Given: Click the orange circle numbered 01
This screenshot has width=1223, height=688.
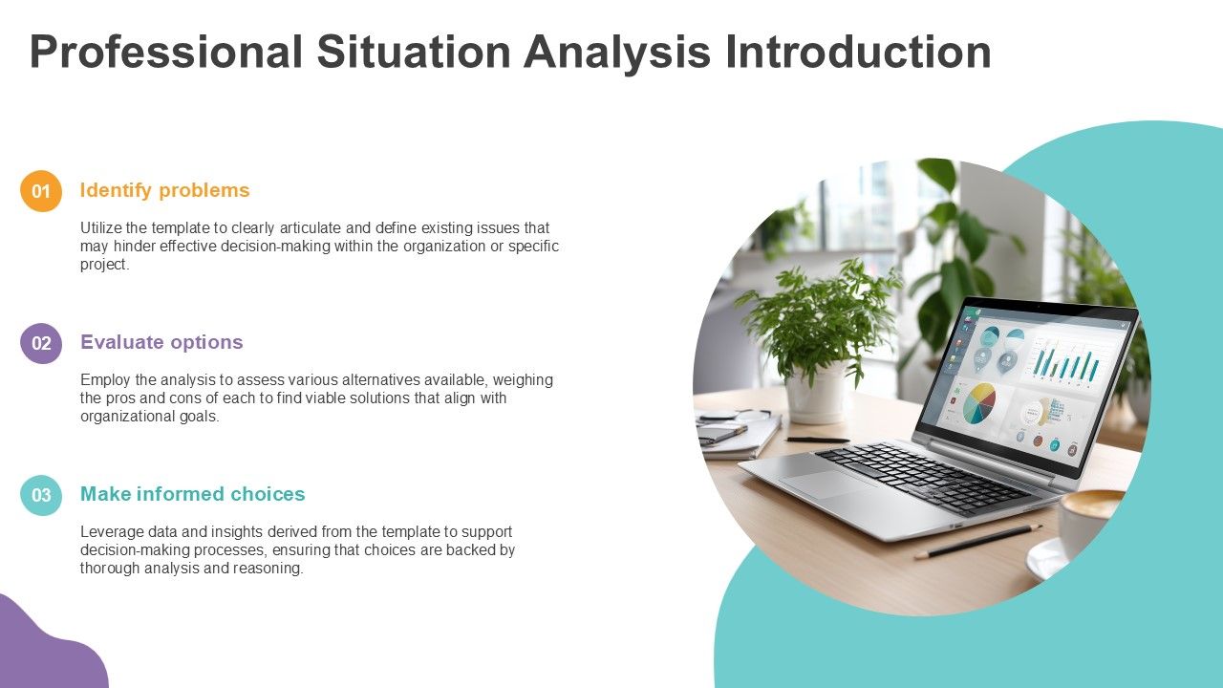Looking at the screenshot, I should (41, 191).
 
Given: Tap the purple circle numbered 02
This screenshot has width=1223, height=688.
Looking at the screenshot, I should (41, 343).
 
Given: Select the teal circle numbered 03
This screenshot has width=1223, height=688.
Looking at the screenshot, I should (41, 495).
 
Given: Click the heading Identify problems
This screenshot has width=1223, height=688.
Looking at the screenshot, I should (164, 190).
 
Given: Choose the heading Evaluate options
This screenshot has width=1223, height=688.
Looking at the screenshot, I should (161, 342).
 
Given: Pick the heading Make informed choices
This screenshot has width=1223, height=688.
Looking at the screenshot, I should (192, 494).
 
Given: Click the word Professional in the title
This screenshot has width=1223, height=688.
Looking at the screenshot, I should (165, 53).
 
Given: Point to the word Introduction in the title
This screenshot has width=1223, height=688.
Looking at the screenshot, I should (857, 53).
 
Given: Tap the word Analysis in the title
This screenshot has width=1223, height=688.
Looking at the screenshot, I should (616, 53).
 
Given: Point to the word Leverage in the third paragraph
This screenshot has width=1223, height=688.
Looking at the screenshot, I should (110, 532).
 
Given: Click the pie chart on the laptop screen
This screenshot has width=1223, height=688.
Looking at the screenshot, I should (978, 403).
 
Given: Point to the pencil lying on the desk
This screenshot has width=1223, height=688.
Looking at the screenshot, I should (976, 541).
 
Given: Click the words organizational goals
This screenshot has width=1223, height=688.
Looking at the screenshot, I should (149, 417).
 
